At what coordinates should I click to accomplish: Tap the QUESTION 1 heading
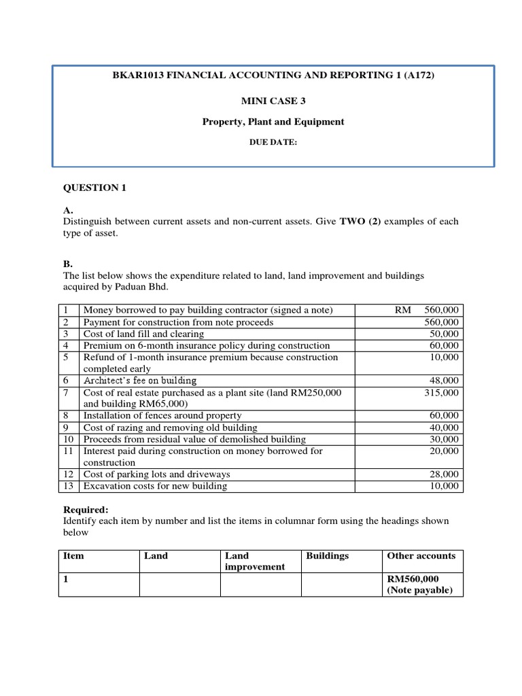click(94, 188)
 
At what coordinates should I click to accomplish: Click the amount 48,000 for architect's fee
click(444, 381)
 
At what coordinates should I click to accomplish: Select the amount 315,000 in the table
click(441, 393)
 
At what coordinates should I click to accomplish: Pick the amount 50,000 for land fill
click(444, 334)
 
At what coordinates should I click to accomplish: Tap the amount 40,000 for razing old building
click(444, 428)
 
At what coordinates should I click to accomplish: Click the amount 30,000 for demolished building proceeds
click(444, 439)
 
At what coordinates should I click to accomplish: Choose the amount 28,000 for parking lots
click(444, 474)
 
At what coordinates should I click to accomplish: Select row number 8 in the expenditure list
click(66, 415)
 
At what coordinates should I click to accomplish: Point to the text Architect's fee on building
click(139, 381)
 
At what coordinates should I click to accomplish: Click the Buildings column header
click(327, 556)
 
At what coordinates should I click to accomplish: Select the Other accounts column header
click(421, 556)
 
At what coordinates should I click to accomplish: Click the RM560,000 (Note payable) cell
click(419, 585)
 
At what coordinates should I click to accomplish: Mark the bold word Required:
click(86, 509)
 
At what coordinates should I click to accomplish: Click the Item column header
click(73, 556)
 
